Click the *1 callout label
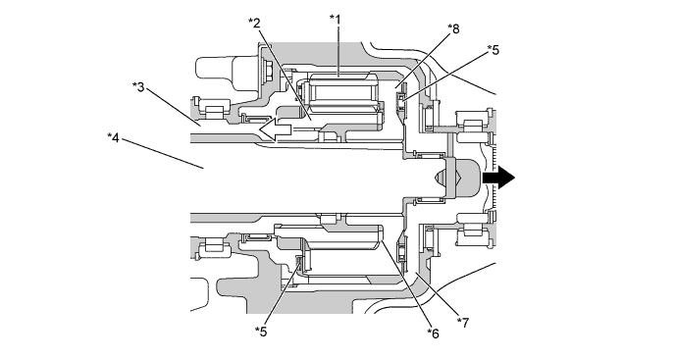pos(335,19)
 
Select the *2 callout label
pos(254,23)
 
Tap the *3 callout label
pos(138,86)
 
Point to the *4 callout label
pos(113,137)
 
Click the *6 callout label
pos(433,333)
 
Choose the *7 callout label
pos(462,323)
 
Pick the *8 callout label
pos(453,28)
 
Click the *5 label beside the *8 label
pos(494,50)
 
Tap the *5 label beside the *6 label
pos(261,332)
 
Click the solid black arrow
pos(498,178)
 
